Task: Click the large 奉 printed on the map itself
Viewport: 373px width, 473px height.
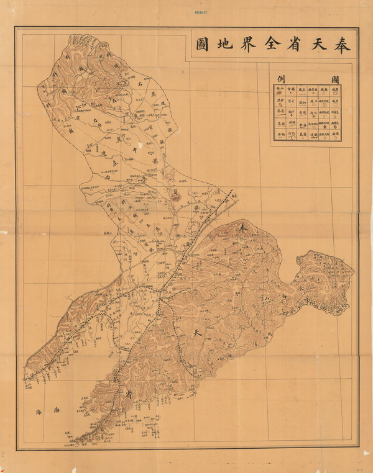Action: [243, 229]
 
